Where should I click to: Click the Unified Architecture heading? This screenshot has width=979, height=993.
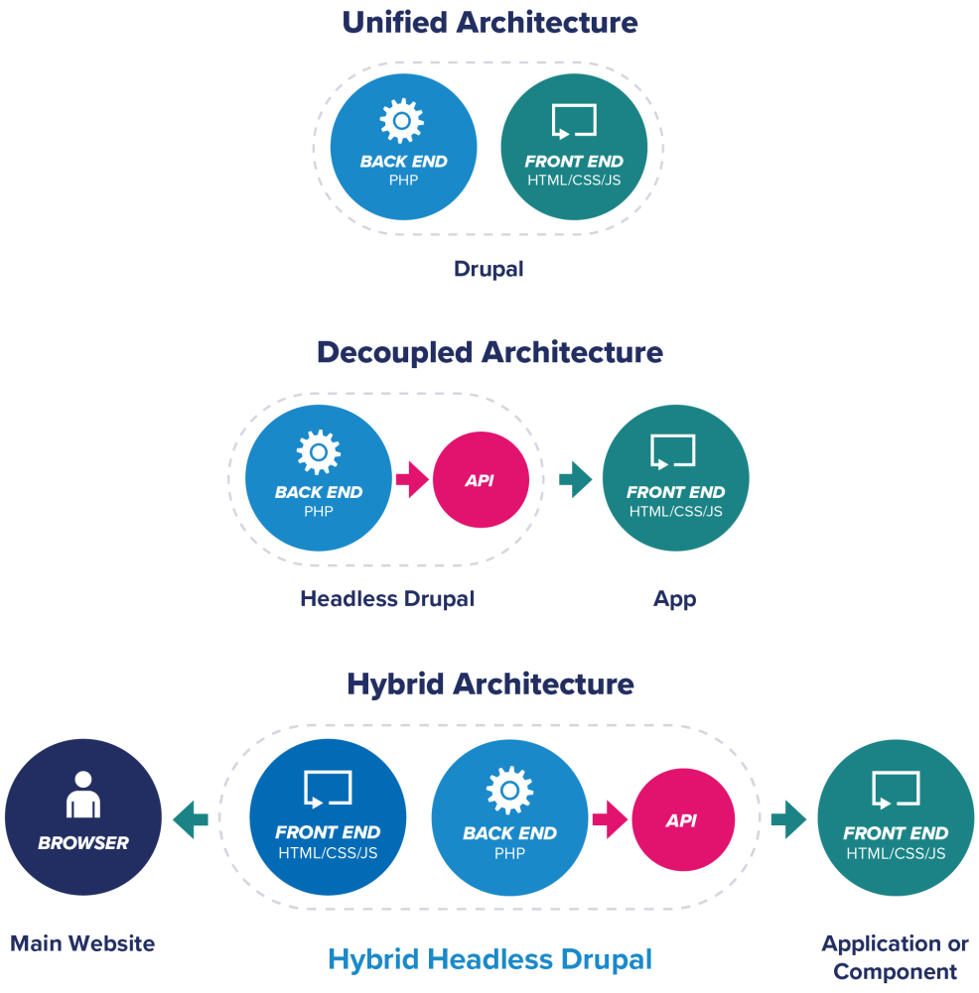tap(489, 23)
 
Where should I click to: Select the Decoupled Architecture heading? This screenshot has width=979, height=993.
tap(489, 352)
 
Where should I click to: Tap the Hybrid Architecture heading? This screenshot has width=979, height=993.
tap(489, 683)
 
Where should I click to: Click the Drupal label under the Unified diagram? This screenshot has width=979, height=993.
tap(489, 269)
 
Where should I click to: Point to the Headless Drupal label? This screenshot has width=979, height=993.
tap(387, 599)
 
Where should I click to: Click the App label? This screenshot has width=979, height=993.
tap(674, 599)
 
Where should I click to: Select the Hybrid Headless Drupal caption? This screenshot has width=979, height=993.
tap(489, 959)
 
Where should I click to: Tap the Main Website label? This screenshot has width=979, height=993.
tap(82, 942)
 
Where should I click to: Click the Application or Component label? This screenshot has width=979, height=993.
tap(895, 957)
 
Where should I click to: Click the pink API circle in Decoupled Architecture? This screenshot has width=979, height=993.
tap(481, 480)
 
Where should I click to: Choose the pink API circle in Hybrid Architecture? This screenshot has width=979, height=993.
tap(682, 820)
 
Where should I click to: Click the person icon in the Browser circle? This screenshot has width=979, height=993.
tap(82, 795)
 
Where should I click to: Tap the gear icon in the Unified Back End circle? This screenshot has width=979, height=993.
tap(402, 121)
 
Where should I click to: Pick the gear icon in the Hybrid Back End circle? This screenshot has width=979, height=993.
tap(509, 791)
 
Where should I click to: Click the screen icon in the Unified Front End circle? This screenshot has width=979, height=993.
tap(574, 121)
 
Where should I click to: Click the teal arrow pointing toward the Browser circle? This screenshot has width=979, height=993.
tap(190, 819)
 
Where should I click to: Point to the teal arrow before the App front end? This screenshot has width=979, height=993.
tap(575, 480)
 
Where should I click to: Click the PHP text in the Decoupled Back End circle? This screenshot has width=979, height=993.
tap(318, 512)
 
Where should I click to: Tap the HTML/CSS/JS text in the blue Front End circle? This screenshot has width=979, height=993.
tap(328, 853)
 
